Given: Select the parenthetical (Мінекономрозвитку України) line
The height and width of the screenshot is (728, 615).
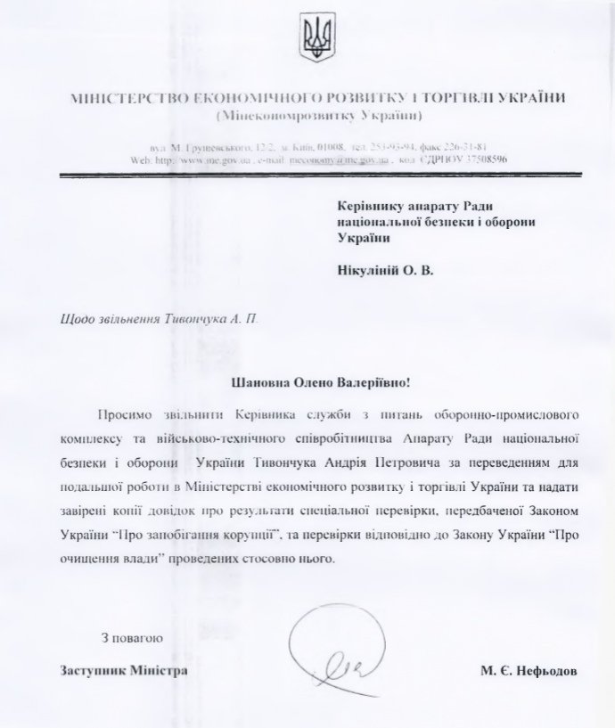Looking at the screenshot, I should (317, 117).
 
